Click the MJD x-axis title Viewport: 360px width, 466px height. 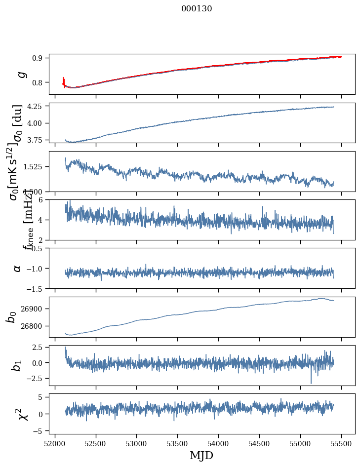click(201, 455)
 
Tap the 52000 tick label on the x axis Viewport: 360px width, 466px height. click(55, 442)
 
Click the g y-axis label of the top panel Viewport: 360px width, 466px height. click(20, 75)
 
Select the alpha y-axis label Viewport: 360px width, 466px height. click(17, 268)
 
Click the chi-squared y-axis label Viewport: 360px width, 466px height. click(23, 414)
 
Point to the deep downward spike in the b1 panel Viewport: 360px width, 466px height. click(311, 383)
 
